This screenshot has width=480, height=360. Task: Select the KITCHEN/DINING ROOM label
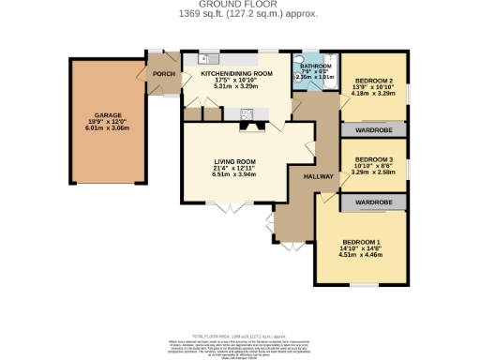click(x=237, y=72)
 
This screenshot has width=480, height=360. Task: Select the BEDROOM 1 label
click(x=361, y=240)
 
